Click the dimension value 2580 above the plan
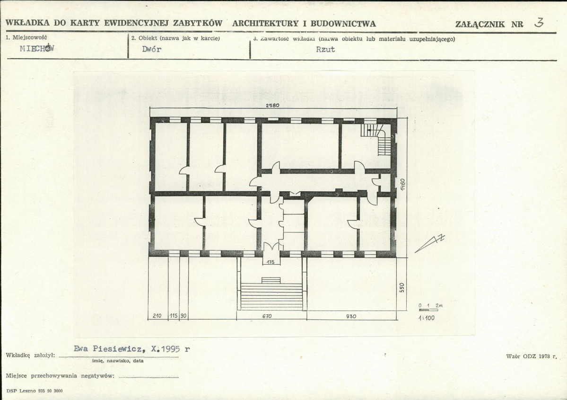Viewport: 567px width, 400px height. (272, 106)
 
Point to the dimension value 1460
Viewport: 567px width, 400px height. (402, 184)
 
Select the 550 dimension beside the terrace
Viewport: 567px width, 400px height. (402, 287)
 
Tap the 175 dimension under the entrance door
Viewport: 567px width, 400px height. (270, 262)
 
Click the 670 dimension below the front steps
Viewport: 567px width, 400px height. (267, 316)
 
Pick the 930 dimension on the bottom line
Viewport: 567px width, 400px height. (351, 316)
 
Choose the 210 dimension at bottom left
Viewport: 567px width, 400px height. (157, 316)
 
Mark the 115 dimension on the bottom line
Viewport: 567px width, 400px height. (174, 316)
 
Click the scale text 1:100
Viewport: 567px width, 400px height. (427, 318)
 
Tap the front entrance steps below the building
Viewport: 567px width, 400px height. (271, 294)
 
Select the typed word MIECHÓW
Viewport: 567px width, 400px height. (37, 48)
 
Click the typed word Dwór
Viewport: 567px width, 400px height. (151, 49)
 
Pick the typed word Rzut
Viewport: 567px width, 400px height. (325, 49)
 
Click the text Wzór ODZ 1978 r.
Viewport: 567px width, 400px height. (531, 356)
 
